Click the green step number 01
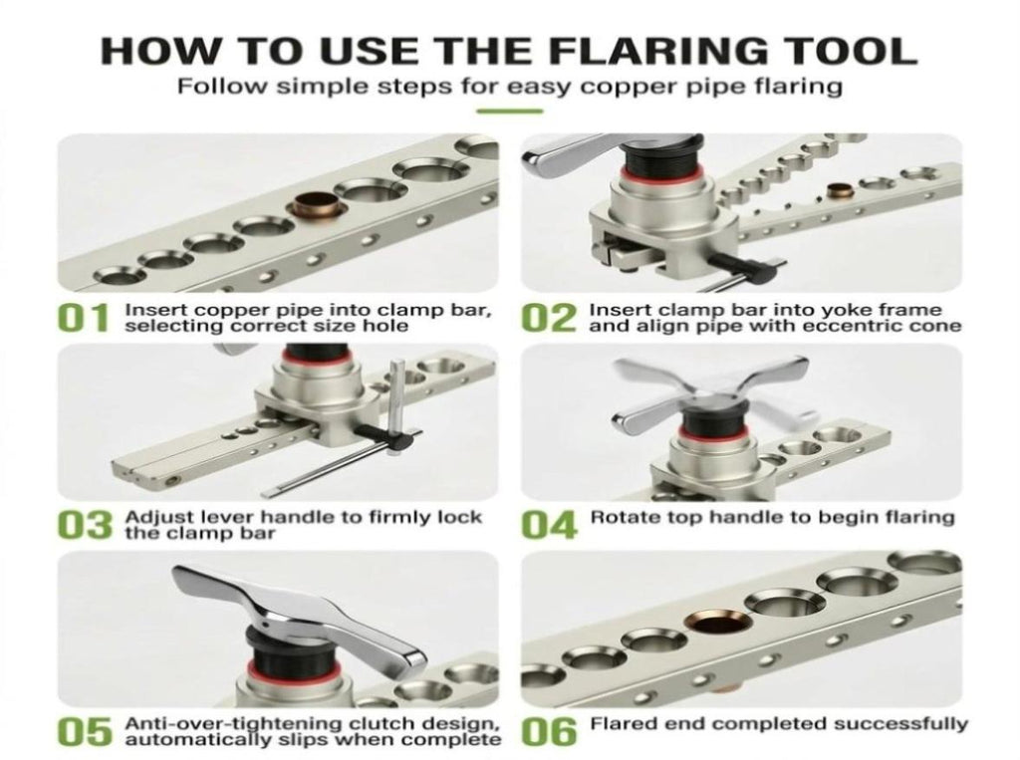[83, 318]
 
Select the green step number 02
[550, 318]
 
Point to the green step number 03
[84, 525]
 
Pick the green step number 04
[550, 525]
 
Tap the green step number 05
[84, 732]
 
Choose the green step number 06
[550, 732]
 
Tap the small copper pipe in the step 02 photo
[839, 190]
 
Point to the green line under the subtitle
[509, 112]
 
